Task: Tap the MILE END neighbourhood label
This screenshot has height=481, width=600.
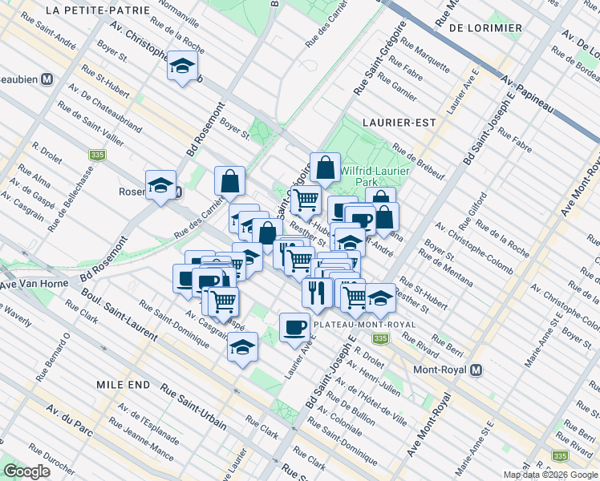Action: coord(123,385)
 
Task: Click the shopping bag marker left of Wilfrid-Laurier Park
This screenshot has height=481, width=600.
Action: coord(326,168)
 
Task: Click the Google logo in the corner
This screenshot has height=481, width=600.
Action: coord(26,471)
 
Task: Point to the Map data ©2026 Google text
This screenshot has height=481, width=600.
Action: coord(549,475)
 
